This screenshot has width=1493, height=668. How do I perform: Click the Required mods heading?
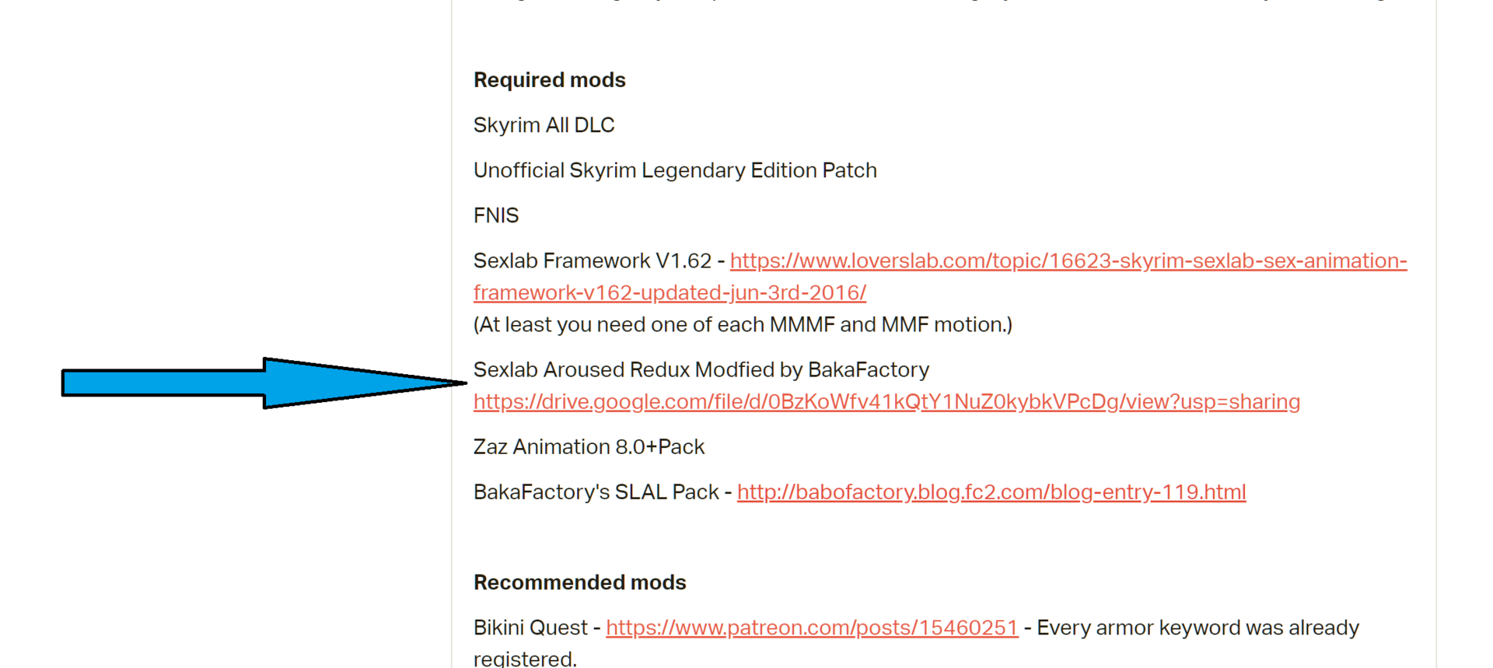[550, 80]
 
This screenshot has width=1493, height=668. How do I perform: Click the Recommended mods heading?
[580, 582]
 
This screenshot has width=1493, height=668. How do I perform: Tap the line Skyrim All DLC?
[544, 125]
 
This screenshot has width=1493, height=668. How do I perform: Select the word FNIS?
[496, 215]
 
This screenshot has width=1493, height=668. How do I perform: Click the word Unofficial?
[519, 170]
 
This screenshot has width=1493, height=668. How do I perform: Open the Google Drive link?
[886, 402]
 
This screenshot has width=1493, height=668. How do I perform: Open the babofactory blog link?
[991, 492]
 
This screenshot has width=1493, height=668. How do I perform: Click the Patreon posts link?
[812, 628]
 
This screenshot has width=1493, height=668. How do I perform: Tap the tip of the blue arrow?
[467, 383]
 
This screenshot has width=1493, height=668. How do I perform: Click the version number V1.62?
[684, 261]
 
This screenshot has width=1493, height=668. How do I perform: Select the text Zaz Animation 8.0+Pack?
[589, 447]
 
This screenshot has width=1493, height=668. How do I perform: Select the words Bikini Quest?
[530, 628]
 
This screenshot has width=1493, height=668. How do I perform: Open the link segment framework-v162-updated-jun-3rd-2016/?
[670, 293]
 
